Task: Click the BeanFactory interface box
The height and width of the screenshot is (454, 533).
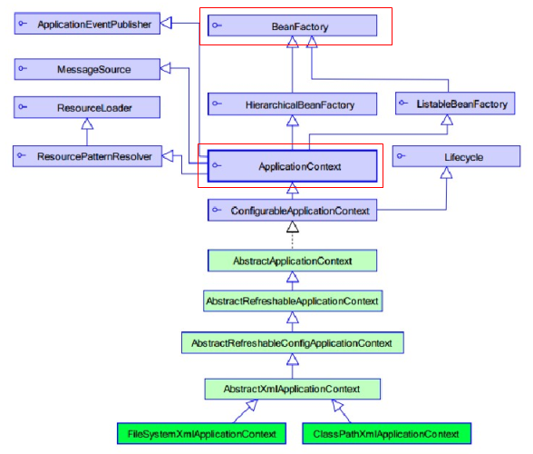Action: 292,25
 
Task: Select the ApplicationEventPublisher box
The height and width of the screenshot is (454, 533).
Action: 87,24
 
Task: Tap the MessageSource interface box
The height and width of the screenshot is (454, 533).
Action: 87,69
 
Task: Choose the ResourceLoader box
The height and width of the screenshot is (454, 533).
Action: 87,107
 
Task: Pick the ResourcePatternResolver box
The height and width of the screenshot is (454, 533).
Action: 87,156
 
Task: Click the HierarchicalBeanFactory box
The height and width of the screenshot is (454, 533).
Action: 292,104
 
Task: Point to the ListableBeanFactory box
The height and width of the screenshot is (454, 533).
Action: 455,104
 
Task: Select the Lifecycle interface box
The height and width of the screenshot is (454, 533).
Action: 456,156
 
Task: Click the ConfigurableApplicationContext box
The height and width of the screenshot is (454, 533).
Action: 292,210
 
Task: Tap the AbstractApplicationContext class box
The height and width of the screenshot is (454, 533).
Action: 292,261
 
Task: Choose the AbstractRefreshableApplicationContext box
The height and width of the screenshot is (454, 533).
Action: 293,301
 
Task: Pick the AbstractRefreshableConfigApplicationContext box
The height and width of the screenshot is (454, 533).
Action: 293,342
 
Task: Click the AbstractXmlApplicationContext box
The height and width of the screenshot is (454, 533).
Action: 292,389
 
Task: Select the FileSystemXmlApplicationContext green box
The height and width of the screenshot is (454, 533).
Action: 201,433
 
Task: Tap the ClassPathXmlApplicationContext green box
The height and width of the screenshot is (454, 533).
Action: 387,433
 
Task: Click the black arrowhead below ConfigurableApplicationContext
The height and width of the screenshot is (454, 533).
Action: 293,227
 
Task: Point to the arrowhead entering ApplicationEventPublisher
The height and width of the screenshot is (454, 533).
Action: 166,24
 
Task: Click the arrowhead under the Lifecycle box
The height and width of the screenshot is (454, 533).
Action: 446,173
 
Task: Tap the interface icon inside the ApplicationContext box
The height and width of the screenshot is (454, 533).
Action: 217,165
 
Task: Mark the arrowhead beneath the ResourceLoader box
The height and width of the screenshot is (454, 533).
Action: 87,123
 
